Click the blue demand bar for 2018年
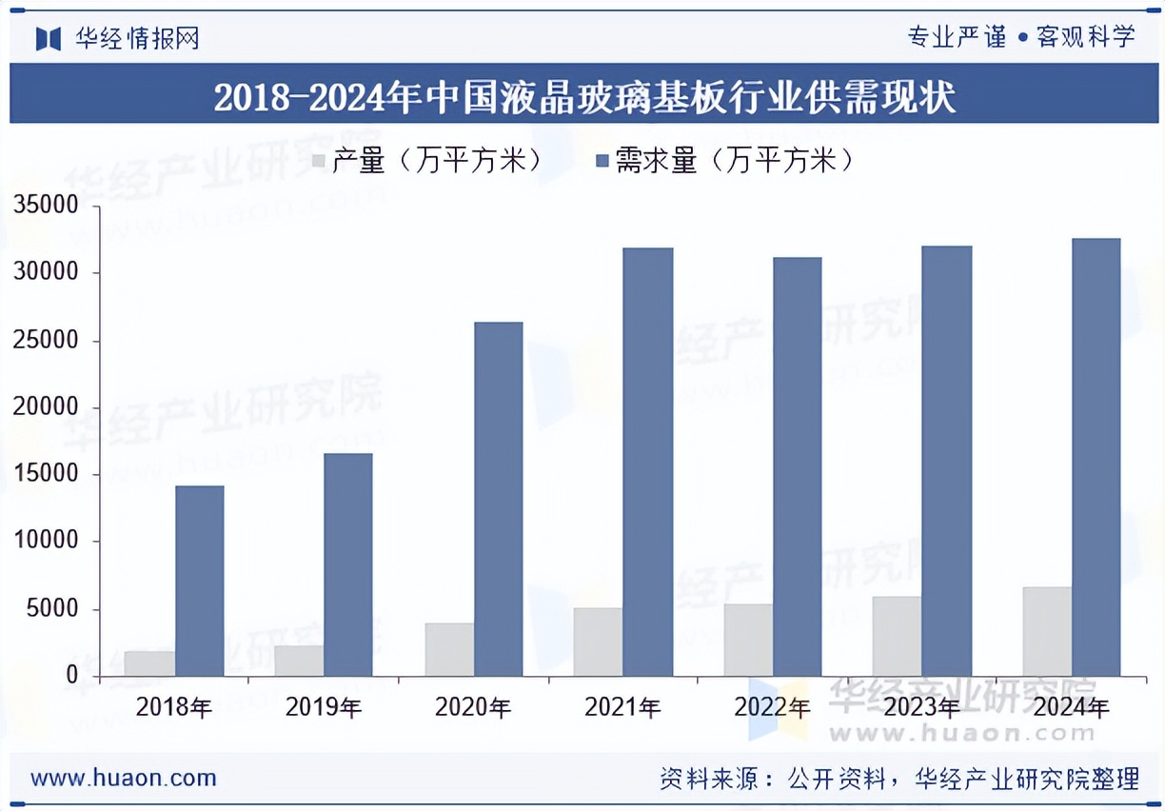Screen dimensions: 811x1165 click(199, 581)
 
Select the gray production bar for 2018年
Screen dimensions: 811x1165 click(149, 663)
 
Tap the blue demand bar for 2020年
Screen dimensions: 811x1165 click(499, 499)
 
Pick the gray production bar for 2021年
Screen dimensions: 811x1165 click(598, 642)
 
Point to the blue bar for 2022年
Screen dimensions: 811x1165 click(798, 466)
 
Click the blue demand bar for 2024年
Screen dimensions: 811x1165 click(1096, 457)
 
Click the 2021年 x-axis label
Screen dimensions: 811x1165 click(622, 707)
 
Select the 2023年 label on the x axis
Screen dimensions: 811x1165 click(921, 707)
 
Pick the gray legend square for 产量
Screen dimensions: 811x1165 click(318, 161)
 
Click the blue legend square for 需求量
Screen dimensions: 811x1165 click(602, 161)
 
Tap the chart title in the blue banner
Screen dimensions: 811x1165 click(582, 97)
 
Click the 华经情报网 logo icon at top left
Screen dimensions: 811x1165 click(48, 38)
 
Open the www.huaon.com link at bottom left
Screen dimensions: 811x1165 click(124, 778)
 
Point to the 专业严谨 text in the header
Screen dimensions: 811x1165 click(956, 37)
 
